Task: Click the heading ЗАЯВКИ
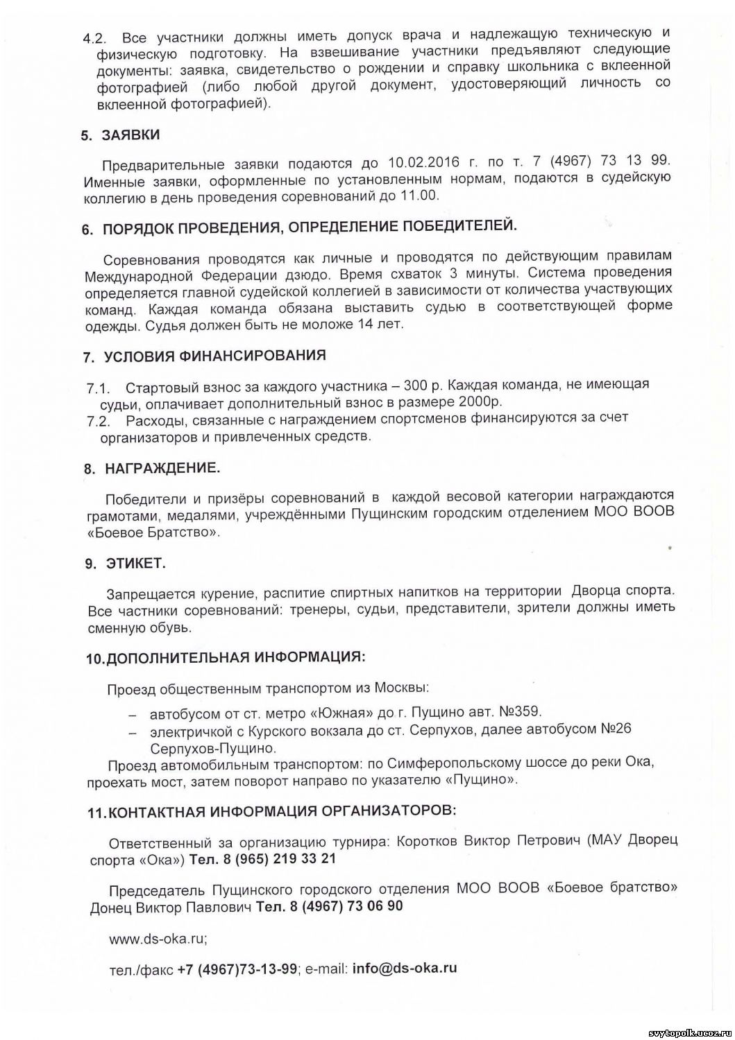[x=130, y=135]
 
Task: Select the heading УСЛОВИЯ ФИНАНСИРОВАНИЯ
[x=214, y=356]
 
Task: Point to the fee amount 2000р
[x=480, y=401]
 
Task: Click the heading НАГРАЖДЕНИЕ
[x=162, y=468]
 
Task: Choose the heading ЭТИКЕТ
[x=136, y=564]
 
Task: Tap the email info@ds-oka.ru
[x=405, y=969]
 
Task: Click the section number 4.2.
[x=94, y=36]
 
